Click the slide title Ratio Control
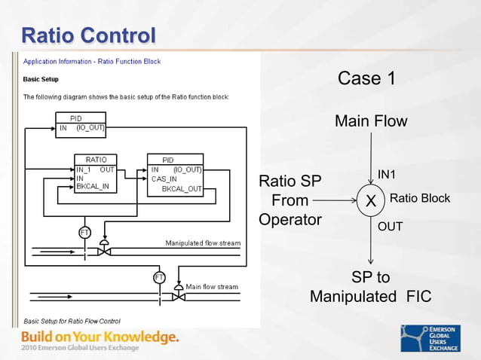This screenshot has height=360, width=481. [x=88, y=35]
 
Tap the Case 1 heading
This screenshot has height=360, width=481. [x=366, y=78]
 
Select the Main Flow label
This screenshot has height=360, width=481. [x=371, y=121]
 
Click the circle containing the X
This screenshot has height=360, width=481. [x=371, y=201]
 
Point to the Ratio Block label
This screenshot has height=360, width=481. [x=419, y=199]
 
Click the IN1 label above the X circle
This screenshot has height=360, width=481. [x=387, y=175]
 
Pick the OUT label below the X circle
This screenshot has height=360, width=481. [x=390, y=226]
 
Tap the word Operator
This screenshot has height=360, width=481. [x=290, y=220]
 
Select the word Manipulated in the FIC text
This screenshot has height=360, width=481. [x=352, y=297]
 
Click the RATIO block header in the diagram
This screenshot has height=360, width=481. [x=96, y=160]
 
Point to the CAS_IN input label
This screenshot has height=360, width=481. [x=164, y=179]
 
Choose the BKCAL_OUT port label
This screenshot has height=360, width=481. [x=182, y=189]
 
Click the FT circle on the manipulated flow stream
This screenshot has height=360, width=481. [x=84, y=232]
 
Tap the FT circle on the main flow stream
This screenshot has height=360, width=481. [x=159, y=277]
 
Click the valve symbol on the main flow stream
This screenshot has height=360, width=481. [x=179, y=296]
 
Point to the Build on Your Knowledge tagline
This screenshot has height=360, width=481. [x=100, y=337]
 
